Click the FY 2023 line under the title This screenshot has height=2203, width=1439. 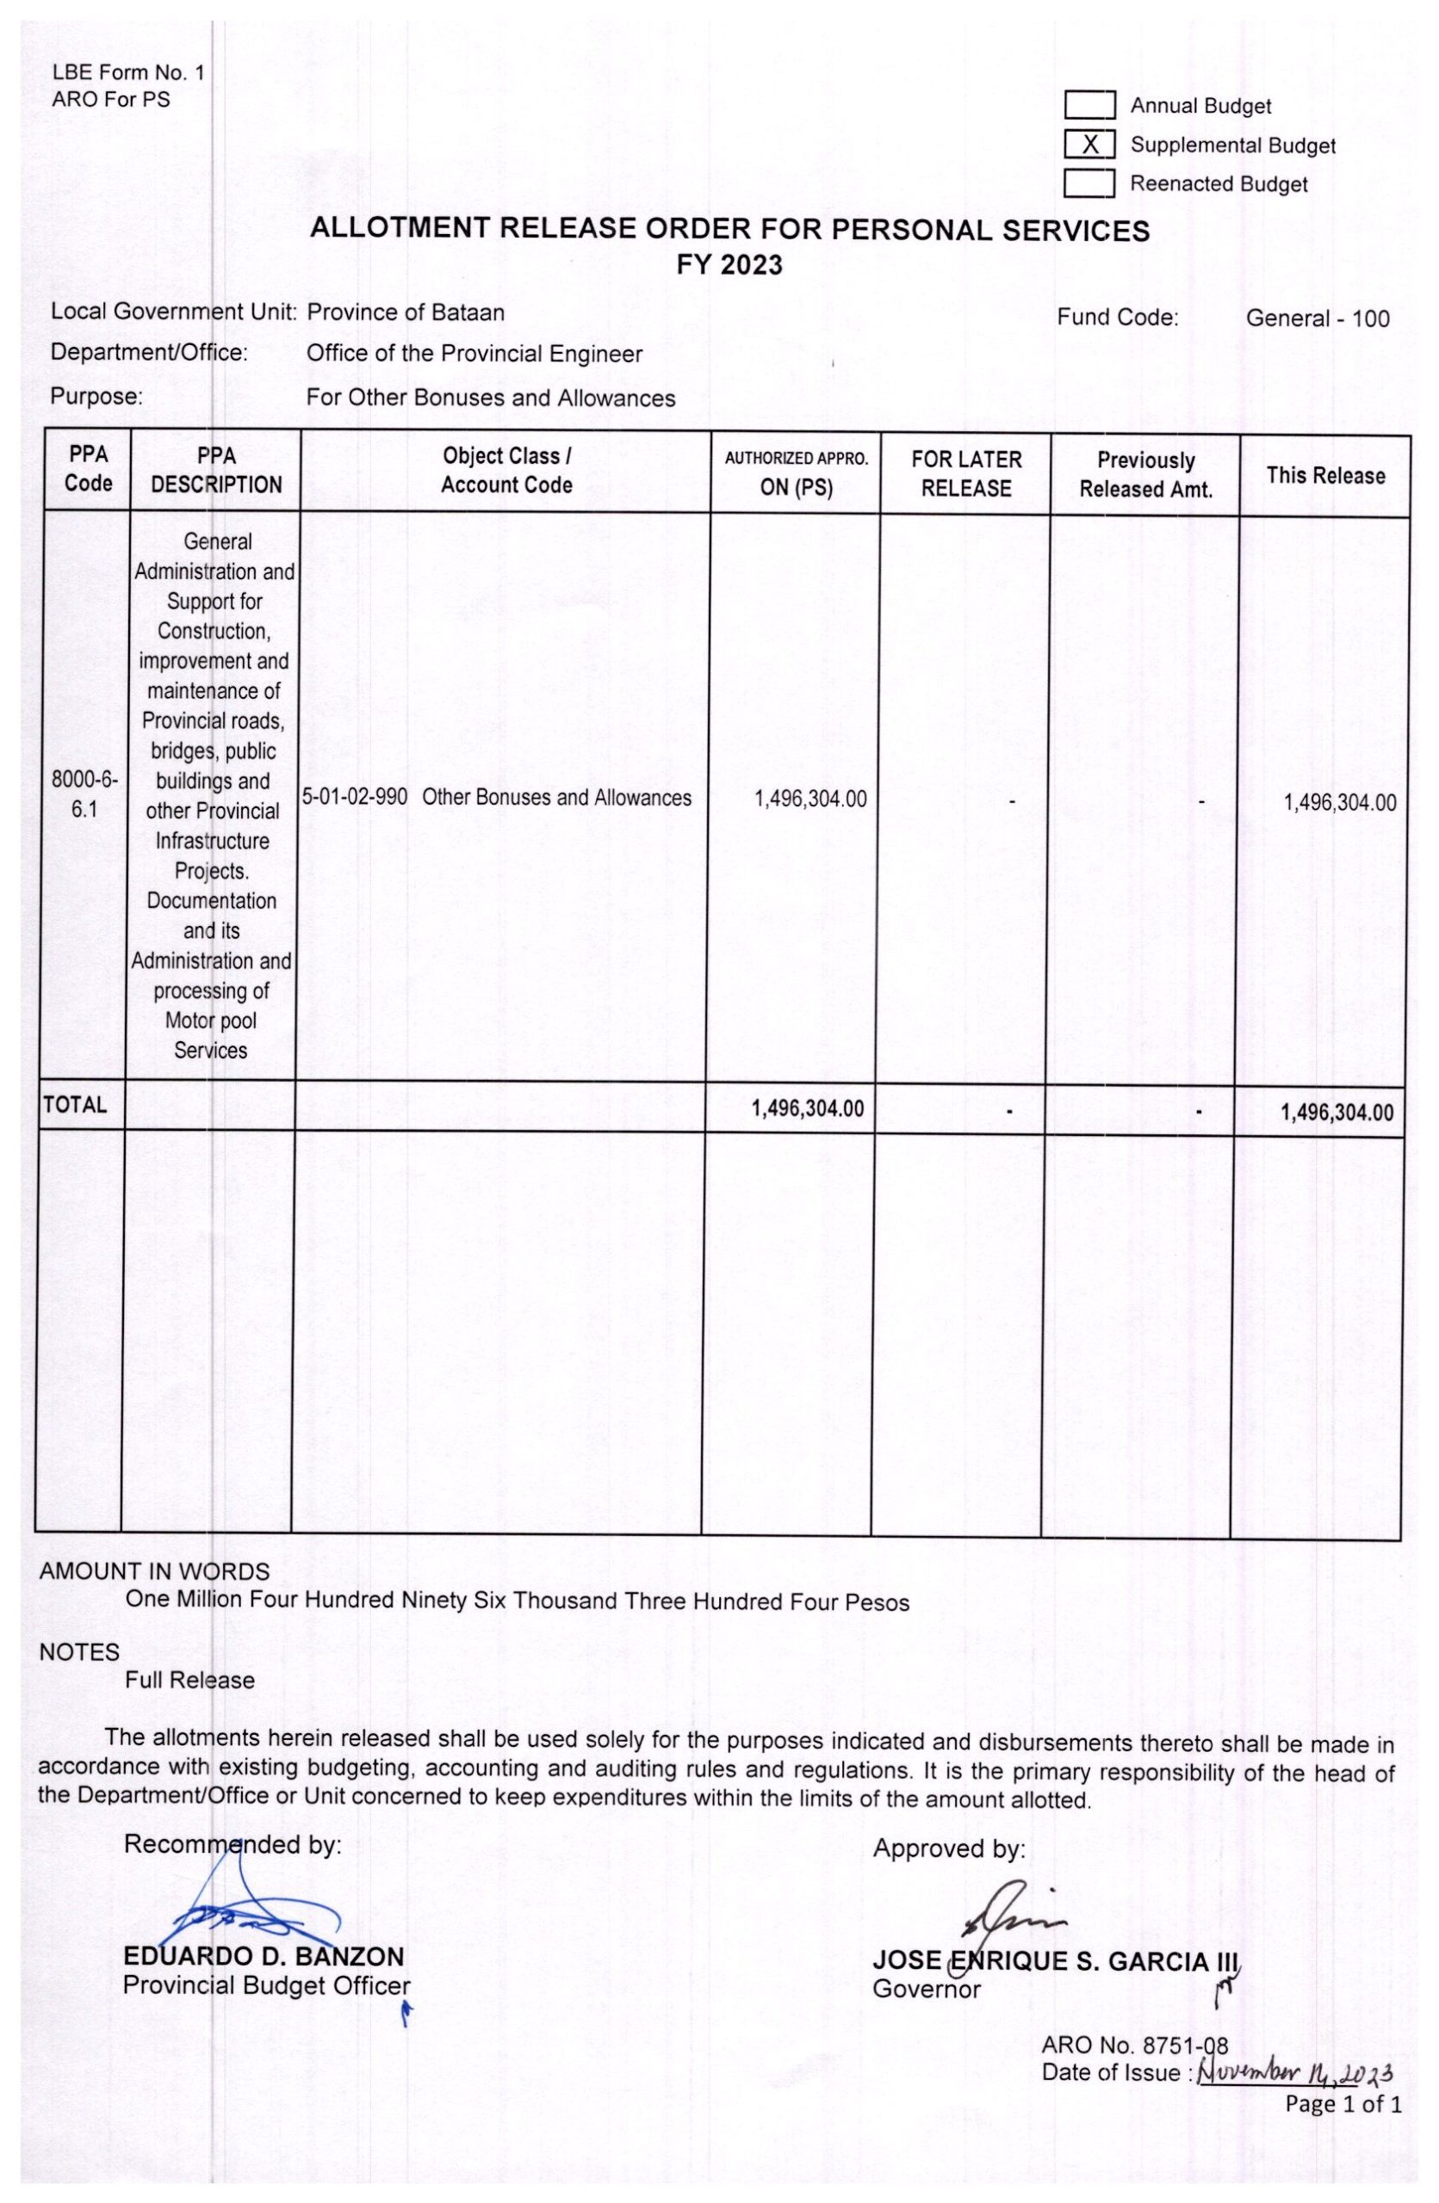tap(729, 266)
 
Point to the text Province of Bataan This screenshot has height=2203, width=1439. tap(406, 312)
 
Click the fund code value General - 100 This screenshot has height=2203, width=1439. tap(1317, 318)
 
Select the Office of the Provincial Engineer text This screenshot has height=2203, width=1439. tap(474, 354)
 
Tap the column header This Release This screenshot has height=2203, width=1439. tap(1325, 476)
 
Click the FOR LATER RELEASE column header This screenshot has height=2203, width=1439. tap(966, 474)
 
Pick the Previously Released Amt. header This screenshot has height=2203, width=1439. tap(1145, 475)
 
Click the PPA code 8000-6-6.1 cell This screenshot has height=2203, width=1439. tap(84, 794)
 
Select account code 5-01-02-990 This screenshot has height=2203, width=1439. tap(355, 797)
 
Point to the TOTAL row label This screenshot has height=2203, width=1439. tap(75, 1105)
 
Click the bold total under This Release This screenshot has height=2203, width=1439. tap(1337, 1113)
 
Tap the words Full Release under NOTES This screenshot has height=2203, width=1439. tap(189, 1680)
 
